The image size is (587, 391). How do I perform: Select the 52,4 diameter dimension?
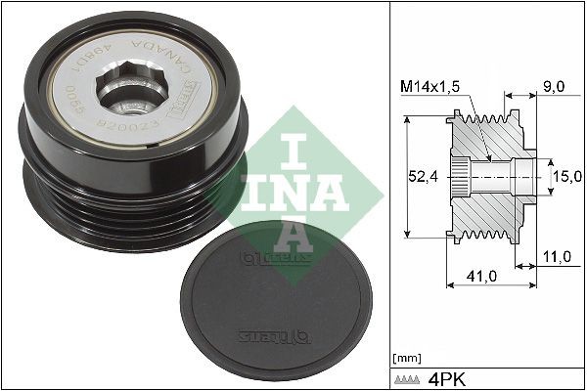(423, 176)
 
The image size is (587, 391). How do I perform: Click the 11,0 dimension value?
(557, 257)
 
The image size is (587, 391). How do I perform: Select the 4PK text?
(451, 376)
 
